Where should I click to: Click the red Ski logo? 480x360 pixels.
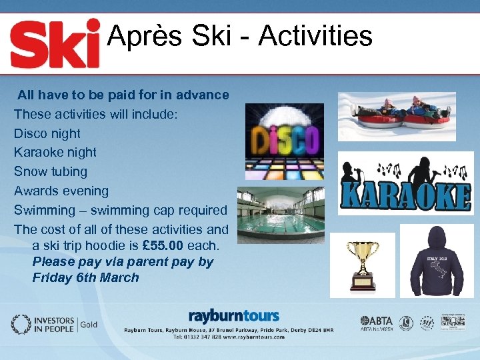point(55,45)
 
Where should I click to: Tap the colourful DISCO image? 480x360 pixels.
point(284,141)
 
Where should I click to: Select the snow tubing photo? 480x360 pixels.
point(397,117)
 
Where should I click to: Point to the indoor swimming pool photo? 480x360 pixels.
point(281,215)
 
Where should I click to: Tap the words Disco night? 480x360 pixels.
point(47,133)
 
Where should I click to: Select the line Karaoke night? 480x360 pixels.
point(55,152)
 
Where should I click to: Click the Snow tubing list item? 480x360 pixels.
point(51,171)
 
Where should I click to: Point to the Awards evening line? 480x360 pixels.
point(61,191)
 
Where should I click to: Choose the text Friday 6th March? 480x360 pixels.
point(85,277)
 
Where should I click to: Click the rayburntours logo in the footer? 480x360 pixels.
point(233,315)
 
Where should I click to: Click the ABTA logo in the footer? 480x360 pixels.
point(377,323)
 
